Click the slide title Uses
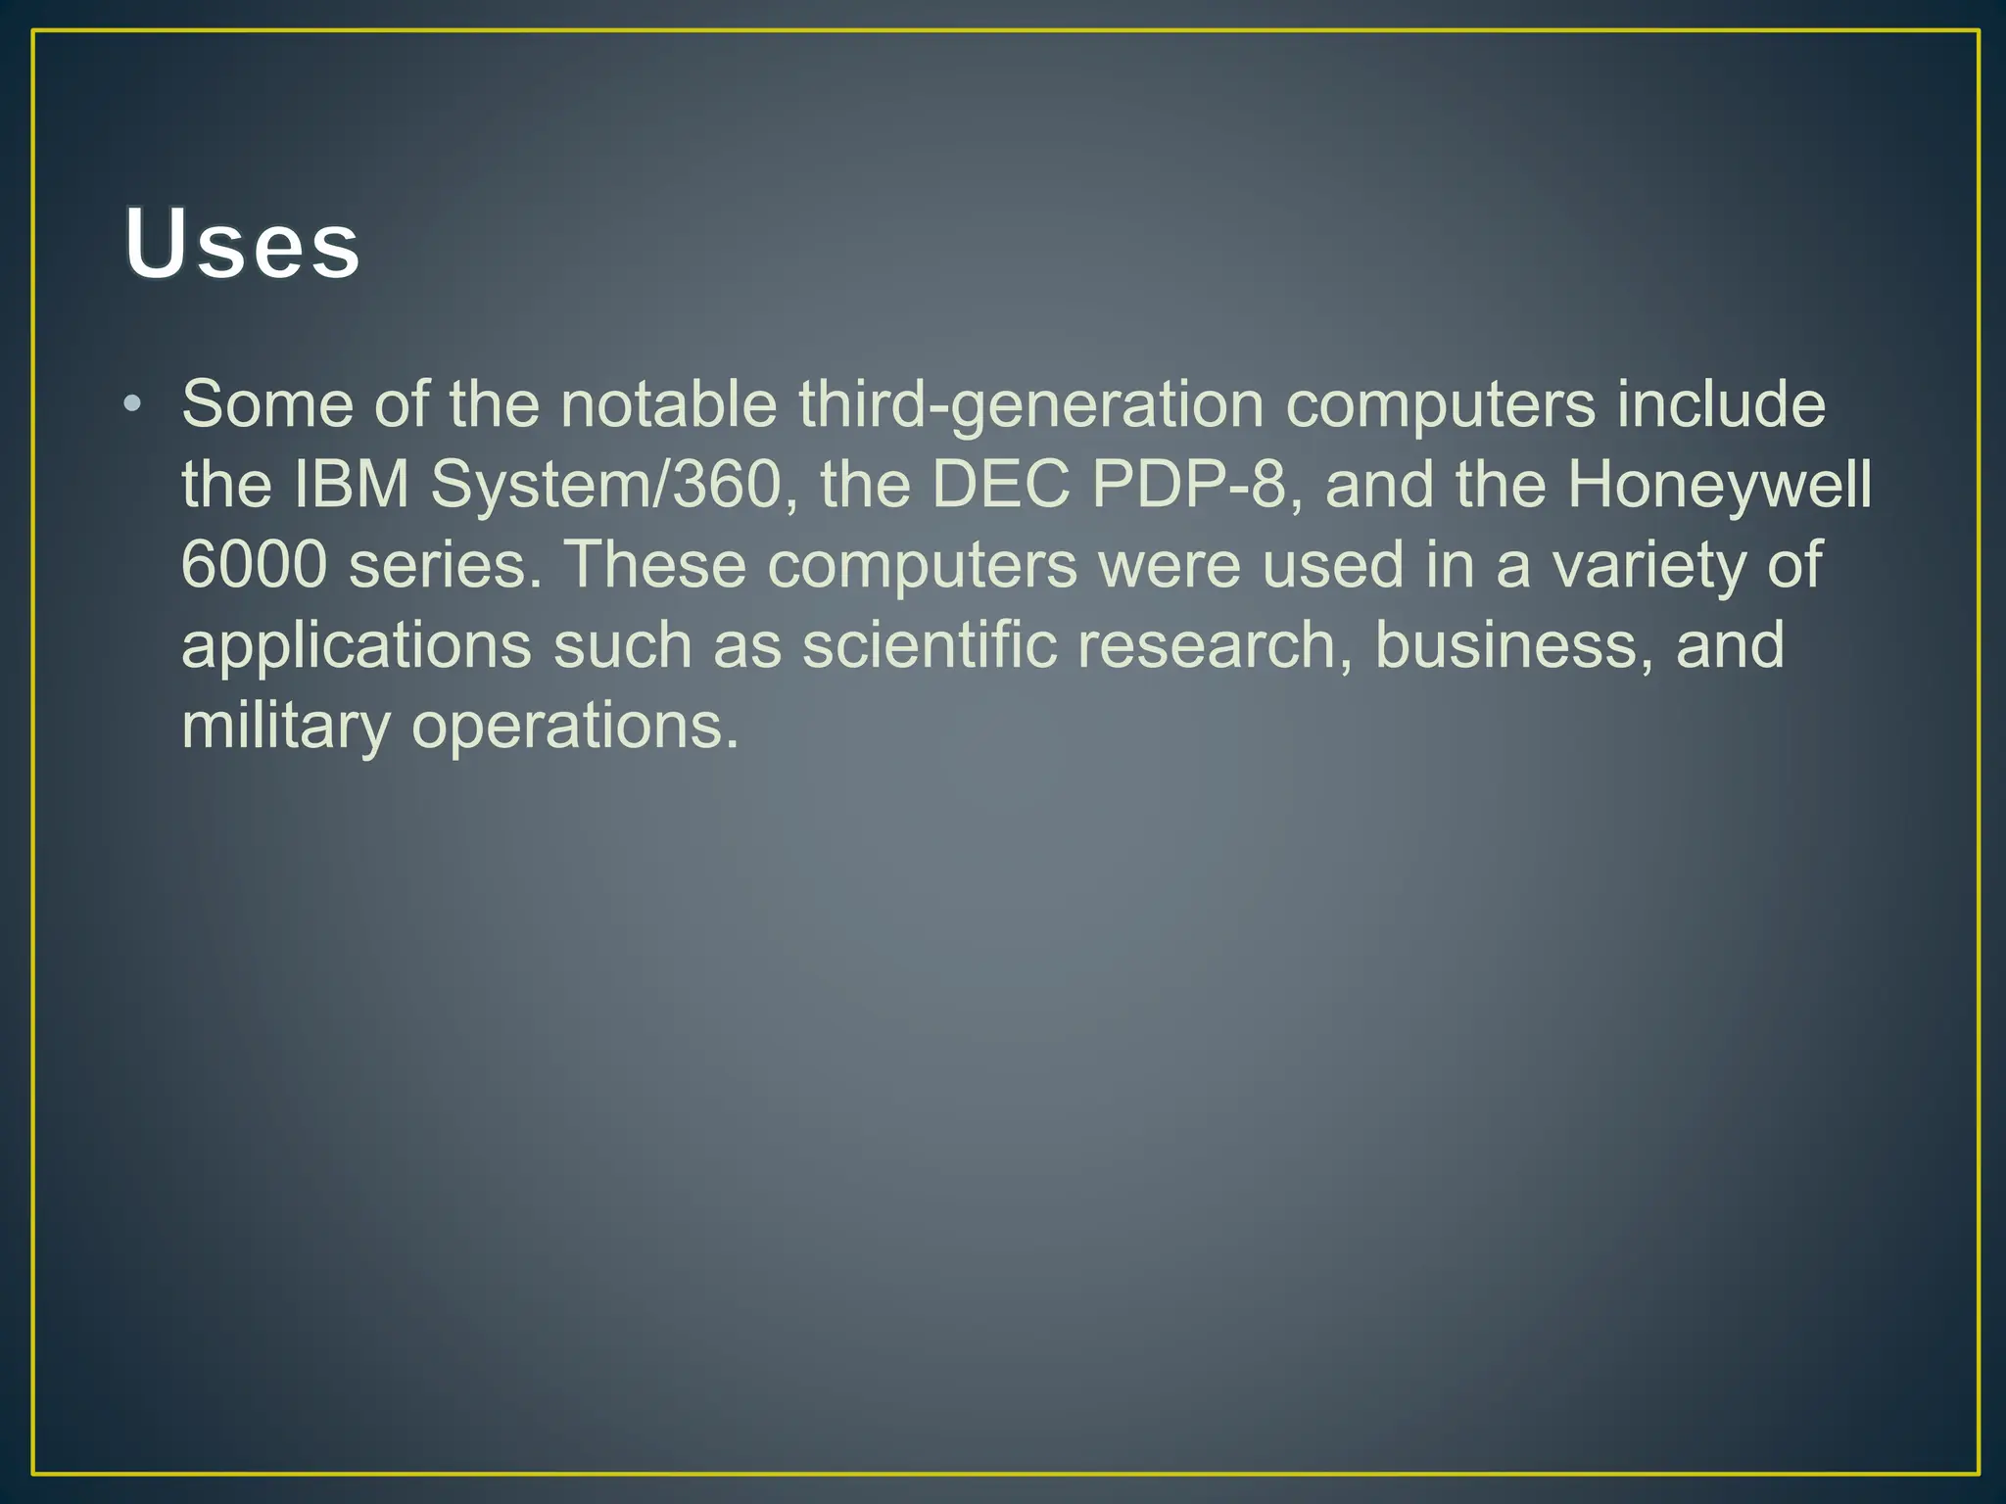coord(242,243)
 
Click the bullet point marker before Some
coord(133,403)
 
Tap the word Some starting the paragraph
coord(266,403)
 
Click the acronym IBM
coord(351,484)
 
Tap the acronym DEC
coord(1000,484)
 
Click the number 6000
coord(254,565)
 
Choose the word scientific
coord(929,645)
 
